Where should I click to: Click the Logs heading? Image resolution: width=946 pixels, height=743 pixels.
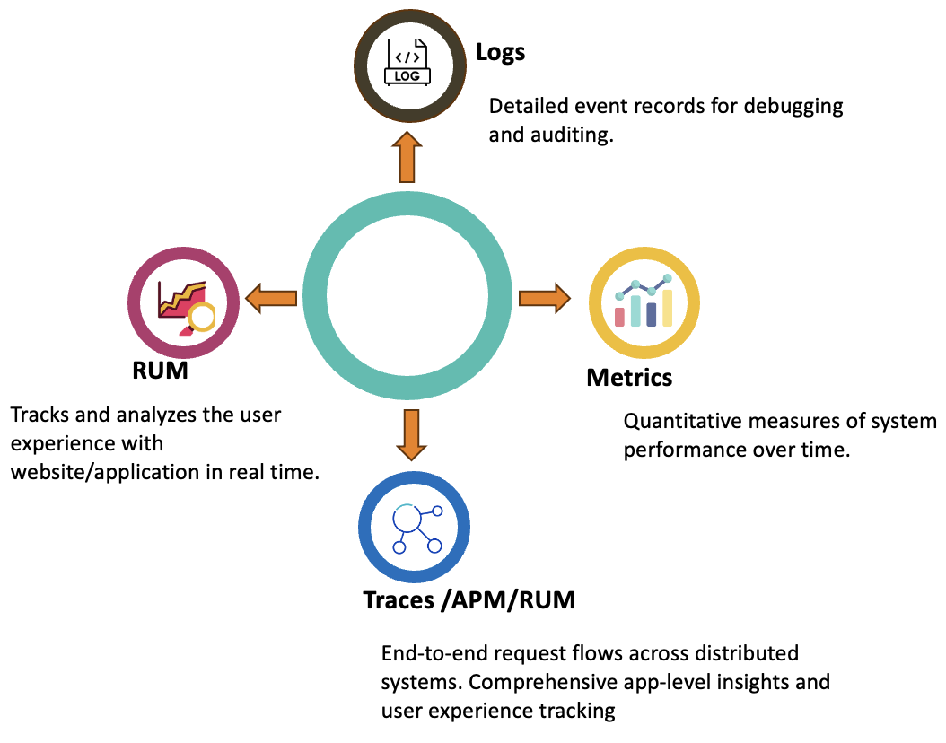(500, 52)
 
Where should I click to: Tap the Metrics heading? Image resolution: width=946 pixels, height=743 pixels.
(629, 377)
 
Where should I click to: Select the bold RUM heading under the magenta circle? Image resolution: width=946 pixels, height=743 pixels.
(160, 369)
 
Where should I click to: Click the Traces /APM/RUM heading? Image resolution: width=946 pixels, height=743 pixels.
(469, 599)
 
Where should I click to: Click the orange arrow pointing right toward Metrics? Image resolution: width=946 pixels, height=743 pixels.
(544, 297)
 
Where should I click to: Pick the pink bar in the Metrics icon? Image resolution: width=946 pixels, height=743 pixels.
(619, 316)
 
